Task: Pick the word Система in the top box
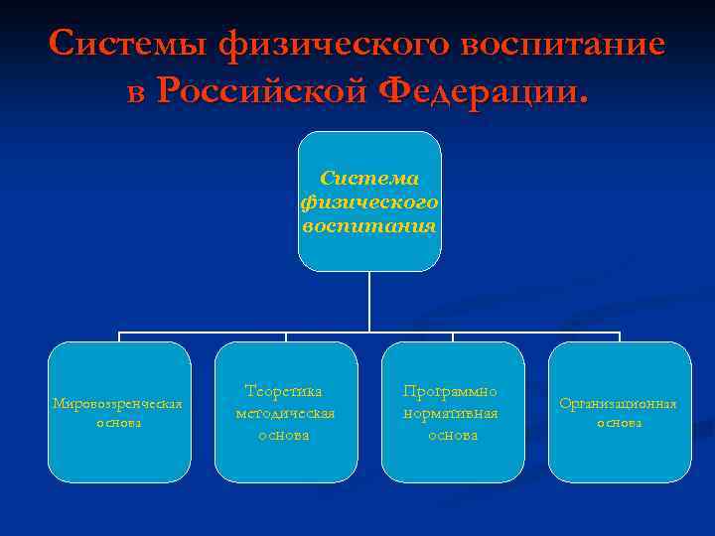(x=369, y=179)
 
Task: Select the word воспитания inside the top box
(x=369, y=225)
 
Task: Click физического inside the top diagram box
(x=369, y=202)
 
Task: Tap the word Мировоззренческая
(x=118, y=404)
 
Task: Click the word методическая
(x=285, y=413)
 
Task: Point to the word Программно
(x=453, y=392)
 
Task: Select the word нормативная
(x=453, y=413)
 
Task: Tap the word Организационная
(x=618, y=404)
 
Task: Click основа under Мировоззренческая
(x=118, y=423)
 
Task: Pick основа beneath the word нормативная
(x=453, y=435)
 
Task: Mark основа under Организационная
(x=619, y=423)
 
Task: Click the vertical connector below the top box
(x=369, y=302)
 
